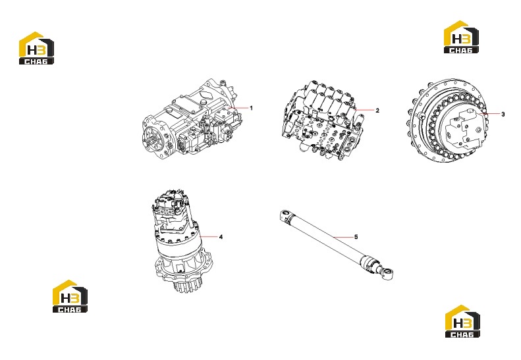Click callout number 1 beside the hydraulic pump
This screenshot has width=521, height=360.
[x=251, y=108]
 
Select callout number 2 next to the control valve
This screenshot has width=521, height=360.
[x=377, y=111]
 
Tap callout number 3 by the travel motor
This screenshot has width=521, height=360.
[x=503, y=115]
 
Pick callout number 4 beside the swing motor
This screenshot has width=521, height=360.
[x=221, y=237]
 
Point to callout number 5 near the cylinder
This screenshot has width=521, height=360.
[x=356, y=237]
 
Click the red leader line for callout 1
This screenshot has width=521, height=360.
[x=238, y=108]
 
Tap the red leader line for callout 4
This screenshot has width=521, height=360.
[x=209, y=236]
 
